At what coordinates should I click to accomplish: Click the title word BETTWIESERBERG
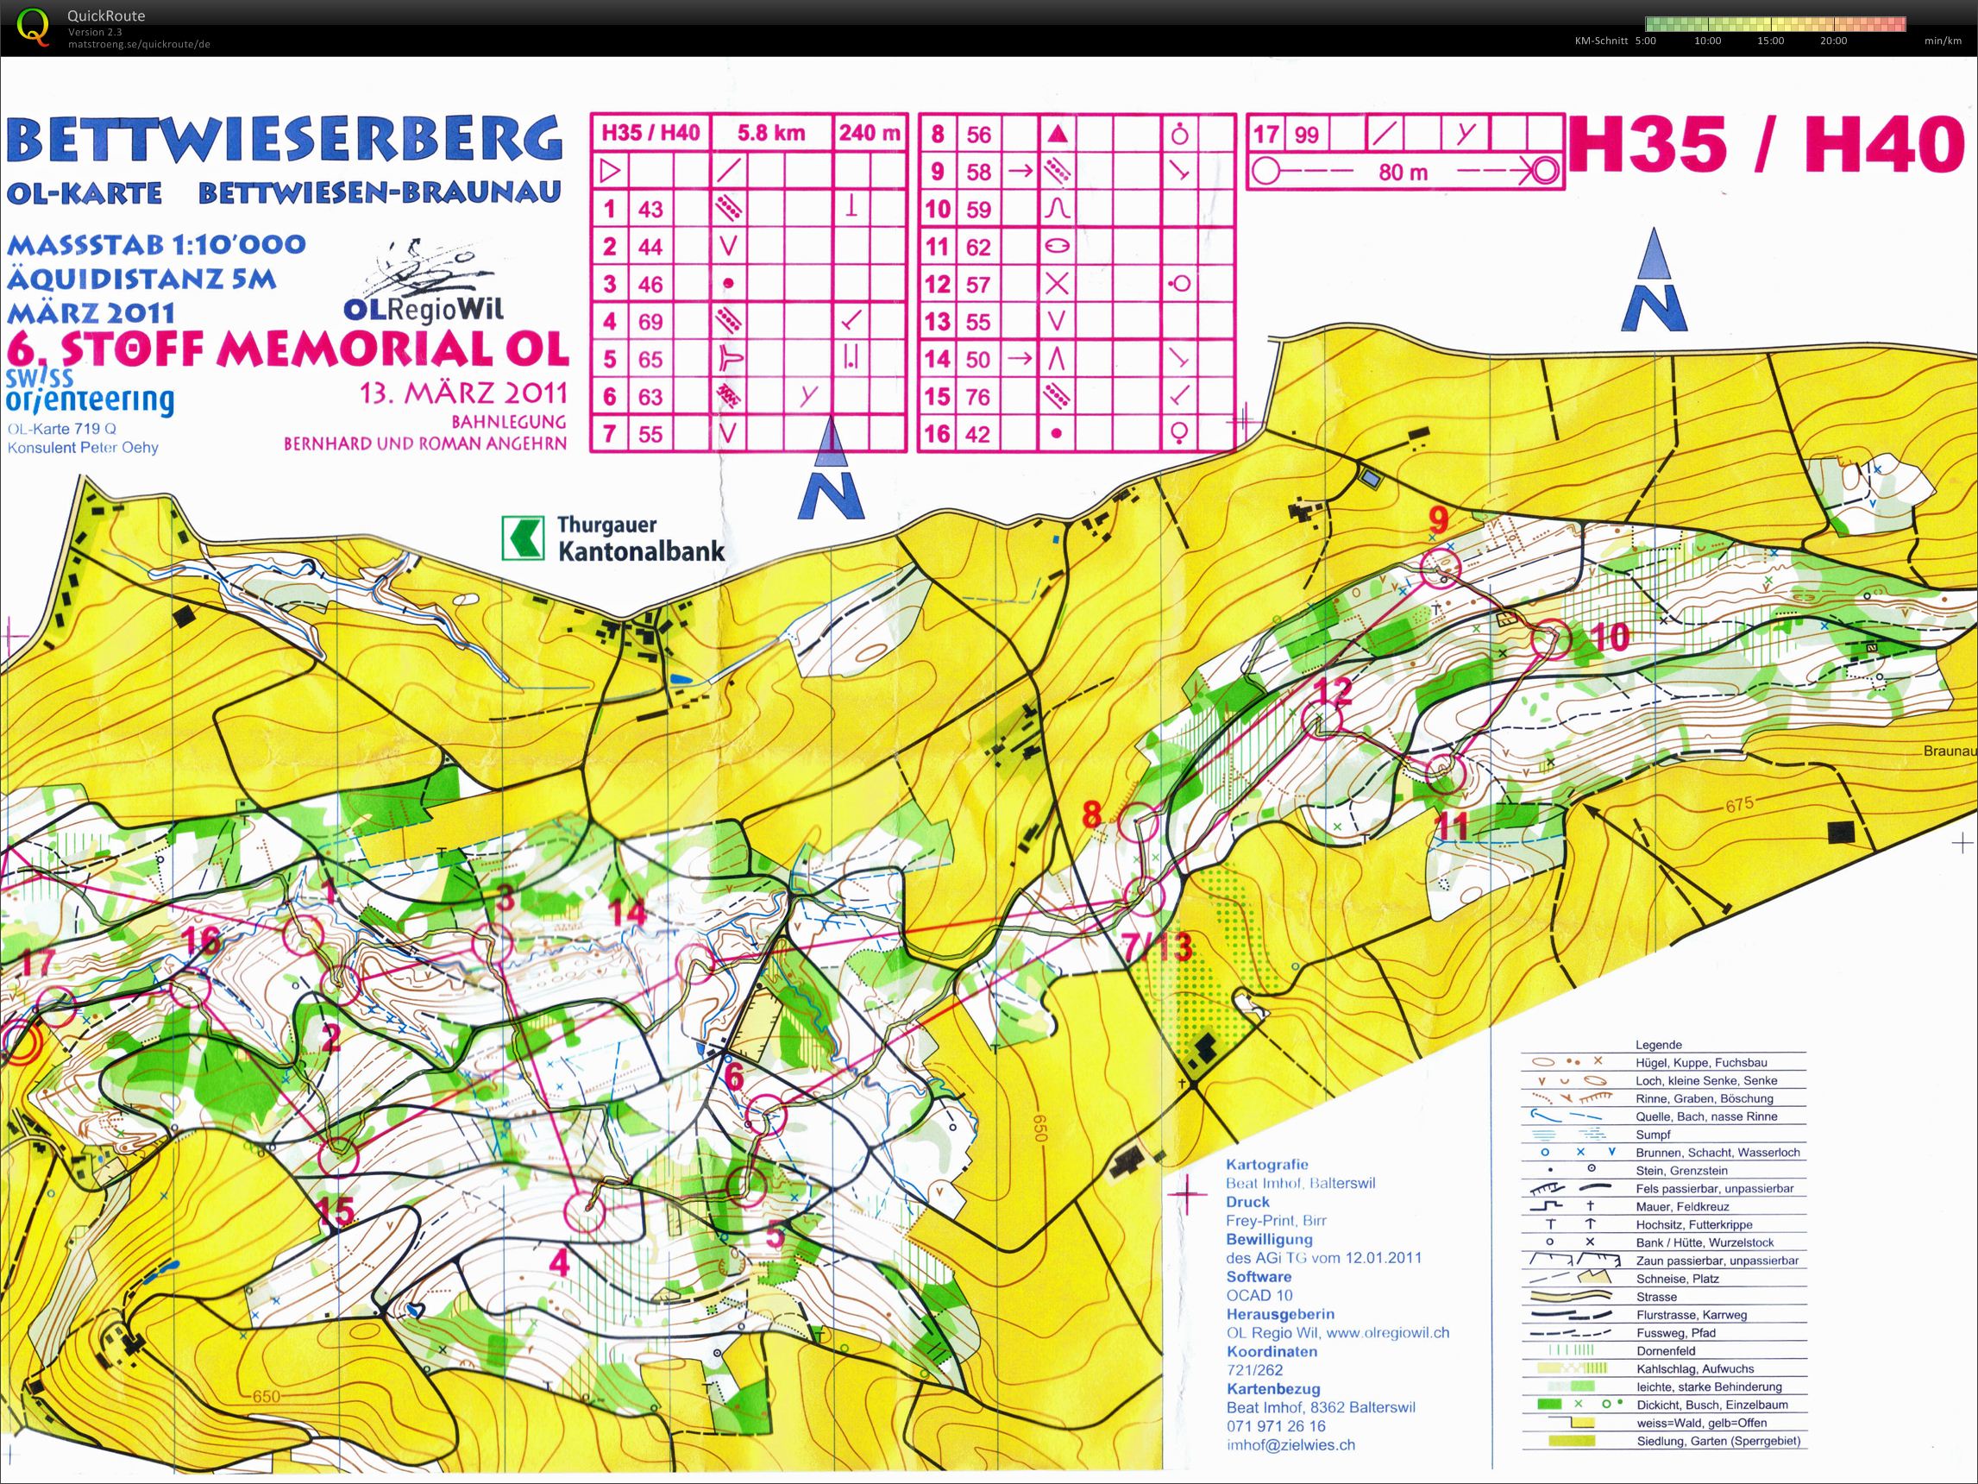(x=285, y=140)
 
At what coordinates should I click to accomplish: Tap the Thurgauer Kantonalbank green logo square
(x=523, y=538)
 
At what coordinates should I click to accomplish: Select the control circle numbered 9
(x=1440, y=566)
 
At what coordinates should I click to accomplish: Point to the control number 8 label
(x=1092, y=814)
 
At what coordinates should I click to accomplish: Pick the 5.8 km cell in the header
(x=770, y=133)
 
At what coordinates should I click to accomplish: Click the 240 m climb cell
(x=870, y=133)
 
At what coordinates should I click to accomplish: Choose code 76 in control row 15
(x=978, y=396)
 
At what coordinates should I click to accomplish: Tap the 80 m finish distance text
(x=1402, y=172)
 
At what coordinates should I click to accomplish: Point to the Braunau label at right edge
(x=1950, y=751)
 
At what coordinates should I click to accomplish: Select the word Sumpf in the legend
(x=1653, y=1135)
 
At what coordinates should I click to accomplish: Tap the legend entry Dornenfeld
(x=1666, y=1351)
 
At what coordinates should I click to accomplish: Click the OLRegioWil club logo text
(x=423, y=310)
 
